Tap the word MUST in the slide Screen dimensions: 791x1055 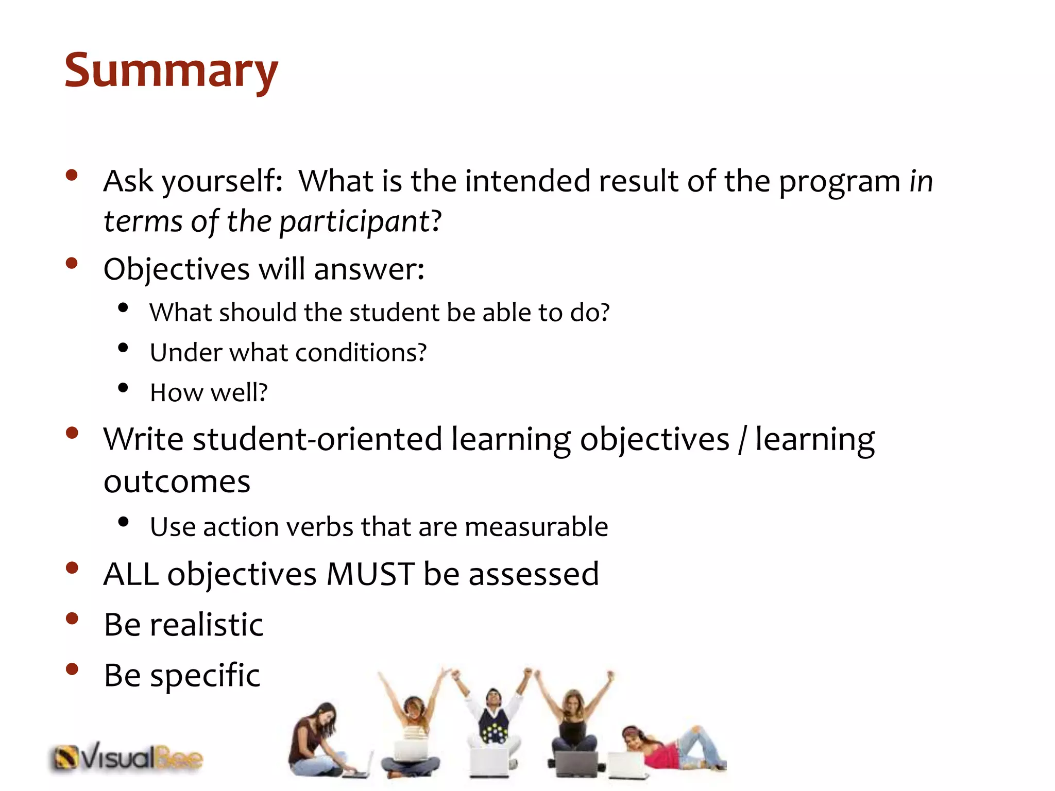pyautogui.click(x=370, y=574)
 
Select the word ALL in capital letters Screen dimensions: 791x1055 pyautogui.click(x=131, y=574)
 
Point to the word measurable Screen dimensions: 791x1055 pyautogui.click(x=536, y=527)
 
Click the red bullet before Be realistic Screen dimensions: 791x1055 pyautogui.click(x=72, y=618)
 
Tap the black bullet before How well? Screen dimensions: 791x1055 pyautogui.click(x=123, y=388)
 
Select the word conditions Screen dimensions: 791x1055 pyautogui.click(x=355, y=353)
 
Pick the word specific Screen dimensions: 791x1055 pyautogui.click(x=205, y=676)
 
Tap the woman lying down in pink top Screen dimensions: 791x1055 pyautogui.click(x=670, y=747)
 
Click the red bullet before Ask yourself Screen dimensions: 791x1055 pyautogui.click(x=72, y=175)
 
